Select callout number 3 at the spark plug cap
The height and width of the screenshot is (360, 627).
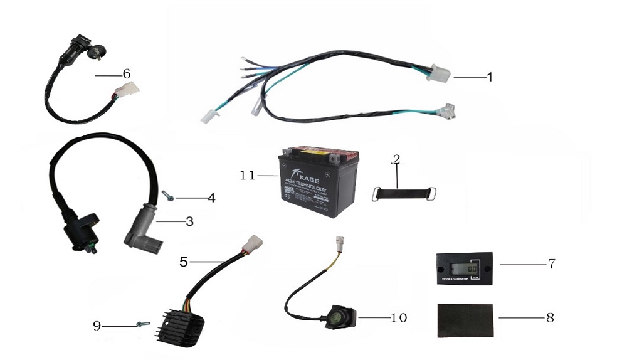189,221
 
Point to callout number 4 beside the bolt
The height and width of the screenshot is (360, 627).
211,198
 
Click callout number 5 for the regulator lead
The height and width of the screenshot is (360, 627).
184,262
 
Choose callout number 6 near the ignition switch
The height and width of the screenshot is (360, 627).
127,74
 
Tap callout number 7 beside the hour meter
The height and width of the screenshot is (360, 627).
551,263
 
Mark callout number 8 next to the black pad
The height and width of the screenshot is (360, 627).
550,317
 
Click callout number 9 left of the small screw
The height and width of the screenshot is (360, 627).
97,326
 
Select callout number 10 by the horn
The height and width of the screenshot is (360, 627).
399,318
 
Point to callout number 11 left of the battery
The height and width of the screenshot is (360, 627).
248,176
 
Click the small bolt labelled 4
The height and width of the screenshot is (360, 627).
167,196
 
